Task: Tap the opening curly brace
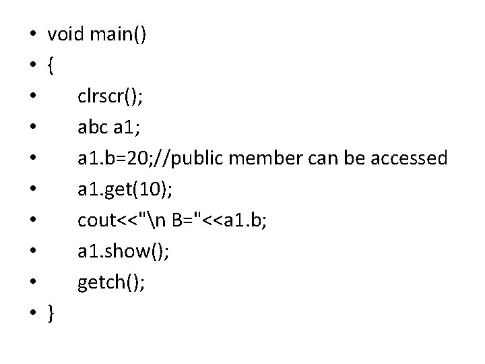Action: pos(51,65)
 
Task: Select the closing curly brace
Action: pos(51,313)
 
